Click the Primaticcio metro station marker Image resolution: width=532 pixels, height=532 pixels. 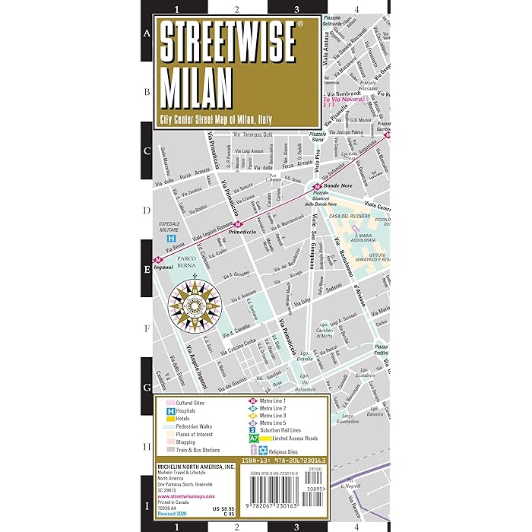[238, 225]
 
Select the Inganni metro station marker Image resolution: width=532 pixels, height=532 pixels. [158, 258]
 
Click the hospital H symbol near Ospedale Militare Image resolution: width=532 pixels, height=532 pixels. [172, 238]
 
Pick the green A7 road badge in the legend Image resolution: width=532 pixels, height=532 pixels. [254, 439]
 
